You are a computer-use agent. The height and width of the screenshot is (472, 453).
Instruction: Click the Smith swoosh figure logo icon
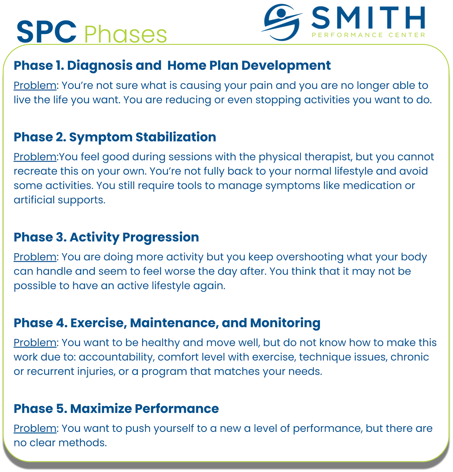point(282,22)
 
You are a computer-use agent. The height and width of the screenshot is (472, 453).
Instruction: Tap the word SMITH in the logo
point(368,17)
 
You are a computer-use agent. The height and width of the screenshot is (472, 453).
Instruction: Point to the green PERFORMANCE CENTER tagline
point(368,35)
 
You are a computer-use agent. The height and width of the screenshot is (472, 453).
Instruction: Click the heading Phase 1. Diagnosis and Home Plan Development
point(172,65)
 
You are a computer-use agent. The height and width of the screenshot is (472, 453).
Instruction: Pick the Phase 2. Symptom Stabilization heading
point(115,137)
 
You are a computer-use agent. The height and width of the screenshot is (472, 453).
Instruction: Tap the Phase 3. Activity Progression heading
point(106,237)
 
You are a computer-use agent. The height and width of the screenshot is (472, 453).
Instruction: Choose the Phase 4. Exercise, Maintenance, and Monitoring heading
point(167,323)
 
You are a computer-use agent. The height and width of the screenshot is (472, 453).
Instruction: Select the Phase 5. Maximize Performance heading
point(116,409)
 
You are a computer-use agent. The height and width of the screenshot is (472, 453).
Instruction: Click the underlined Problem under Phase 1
point(35,85)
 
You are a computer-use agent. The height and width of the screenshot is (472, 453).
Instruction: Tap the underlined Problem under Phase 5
point(35,428)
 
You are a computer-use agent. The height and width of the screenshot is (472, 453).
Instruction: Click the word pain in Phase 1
point(261,86)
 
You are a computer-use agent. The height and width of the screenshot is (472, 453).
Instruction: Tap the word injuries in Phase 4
point(96,372)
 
